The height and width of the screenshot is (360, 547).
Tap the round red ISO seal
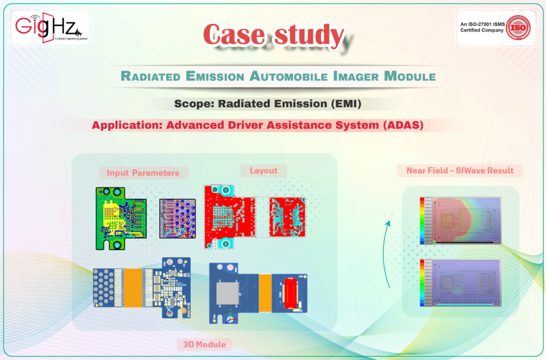(x=519, y=27)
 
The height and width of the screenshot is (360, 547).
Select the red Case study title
(x=273, y=36)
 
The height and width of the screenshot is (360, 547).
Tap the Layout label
(x=263, y=170)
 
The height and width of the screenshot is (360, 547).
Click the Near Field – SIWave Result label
(x=459, y=171)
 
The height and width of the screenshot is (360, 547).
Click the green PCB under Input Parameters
(x=121, y=217)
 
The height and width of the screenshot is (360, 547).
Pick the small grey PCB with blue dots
(x=177, y=218)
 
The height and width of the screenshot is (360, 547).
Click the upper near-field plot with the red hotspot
(x=460, y=220)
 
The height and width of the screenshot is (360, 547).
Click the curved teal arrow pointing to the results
(x=389, y=251)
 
